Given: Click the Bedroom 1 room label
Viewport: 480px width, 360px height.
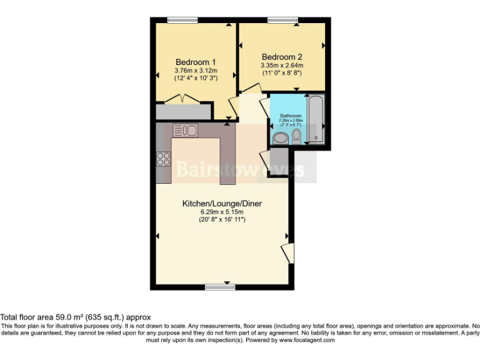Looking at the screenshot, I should [196, 62].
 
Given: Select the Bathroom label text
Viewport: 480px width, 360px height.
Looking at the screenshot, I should [291, 116].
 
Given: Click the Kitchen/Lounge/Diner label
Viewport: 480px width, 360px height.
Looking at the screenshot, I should [221, 204].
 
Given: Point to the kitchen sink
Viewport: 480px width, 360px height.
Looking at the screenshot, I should [185, 130].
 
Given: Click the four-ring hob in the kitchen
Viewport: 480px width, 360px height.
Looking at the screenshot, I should [164, 159].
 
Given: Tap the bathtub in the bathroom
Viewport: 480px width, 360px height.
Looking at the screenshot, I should [316, 118].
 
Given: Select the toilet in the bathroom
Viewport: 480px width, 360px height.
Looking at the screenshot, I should [296, 135].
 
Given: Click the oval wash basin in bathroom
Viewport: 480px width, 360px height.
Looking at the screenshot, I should [279, 137].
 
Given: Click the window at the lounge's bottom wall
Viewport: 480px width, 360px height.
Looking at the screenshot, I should [219, 287].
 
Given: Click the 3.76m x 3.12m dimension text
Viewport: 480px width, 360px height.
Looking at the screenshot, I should [196, 71].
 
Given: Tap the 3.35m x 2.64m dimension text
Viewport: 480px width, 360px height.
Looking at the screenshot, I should [282, 65].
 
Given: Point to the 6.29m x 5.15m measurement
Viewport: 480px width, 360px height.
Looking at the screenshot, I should [221, 212].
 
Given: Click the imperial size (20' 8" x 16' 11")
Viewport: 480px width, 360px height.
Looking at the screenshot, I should [221, 220].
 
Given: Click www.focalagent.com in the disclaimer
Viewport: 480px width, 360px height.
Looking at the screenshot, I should [307, 340].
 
